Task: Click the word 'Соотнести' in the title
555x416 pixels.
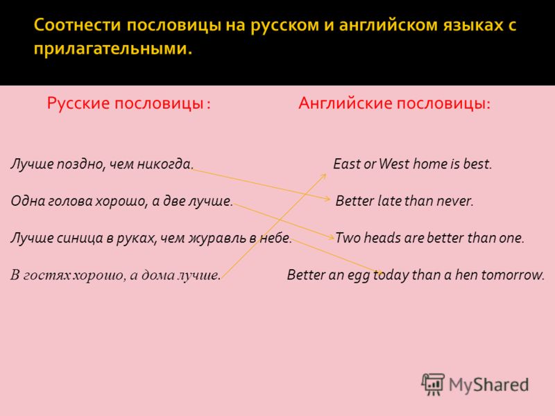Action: pos(78,26)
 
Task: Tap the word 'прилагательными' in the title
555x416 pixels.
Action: pos(113,49)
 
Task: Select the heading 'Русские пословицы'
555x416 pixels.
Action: pos(126,103)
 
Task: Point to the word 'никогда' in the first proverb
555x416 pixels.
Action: pos(165,164)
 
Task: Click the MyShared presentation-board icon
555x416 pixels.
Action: pos(433,384)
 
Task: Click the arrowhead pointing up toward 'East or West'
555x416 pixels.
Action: pos(323,176)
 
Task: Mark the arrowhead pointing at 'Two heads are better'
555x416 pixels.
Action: pos(331,237)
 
